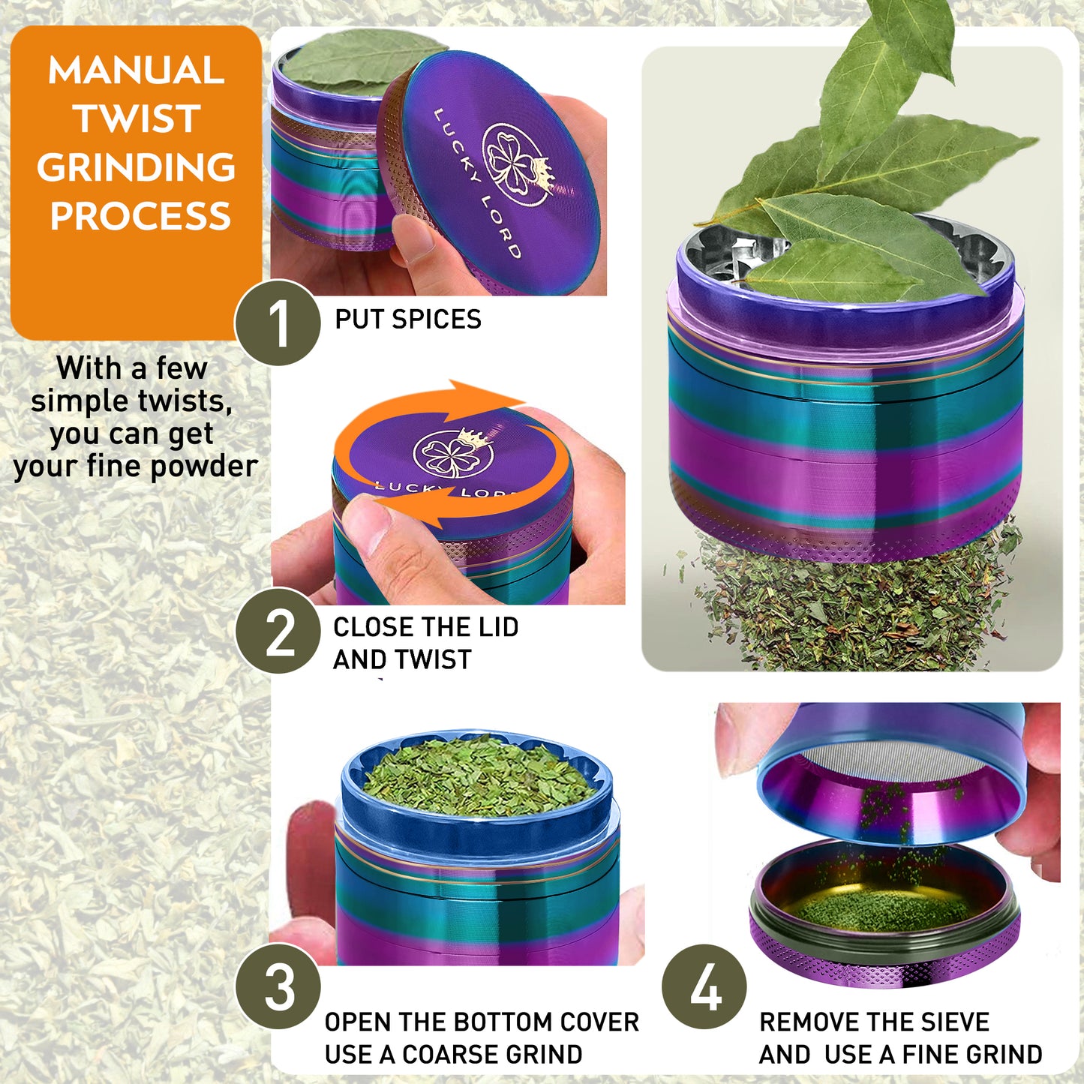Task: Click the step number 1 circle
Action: tap(278, 323)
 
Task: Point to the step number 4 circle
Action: tap(704, 986)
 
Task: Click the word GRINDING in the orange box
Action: tap(137, 167)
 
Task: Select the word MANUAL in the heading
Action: tap(137, 71)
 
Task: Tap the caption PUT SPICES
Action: tap(407, 320)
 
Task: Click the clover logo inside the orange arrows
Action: tap(452, 453)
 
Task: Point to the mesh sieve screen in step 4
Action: tap(893, 761)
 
